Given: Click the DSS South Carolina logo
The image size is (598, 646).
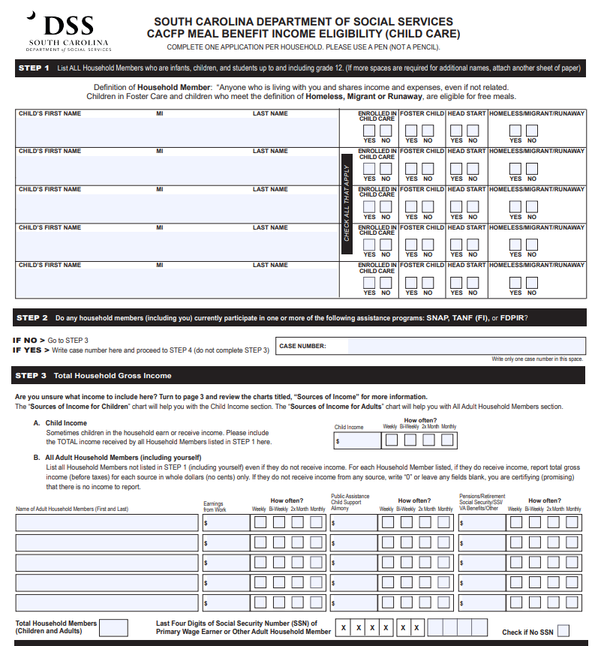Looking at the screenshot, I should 68,32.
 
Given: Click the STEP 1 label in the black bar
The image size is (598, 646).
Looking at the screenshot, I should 34,68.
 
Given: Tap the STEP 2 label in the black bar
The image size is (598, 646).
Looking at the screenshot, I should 32,317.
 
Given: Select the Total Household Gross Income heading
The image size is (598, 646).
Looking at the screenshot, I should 112,375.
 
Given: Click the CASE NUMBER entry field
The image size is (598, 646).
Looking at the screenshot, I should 465,346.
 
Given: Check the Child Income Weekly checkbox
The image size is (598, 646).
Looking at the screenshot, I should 390,440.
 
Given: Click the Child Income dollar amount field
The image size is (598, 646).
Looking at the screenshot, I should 357,440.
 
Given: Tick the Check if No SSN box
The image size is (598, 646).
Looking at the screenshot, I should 563,631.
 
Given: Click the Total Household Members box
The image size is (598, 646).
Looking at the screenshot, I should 113,627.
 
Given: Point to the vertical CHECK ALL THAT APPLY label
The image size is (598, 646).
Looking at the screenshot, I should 347,203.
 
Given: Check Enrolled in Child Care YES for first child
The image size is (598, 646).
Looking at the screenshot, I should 369,131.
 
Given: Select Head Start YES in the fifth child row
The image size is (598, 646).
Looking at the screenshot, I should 456,283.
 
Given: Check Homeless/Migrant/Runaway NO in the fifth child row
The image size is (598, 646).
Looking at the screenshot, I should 532,283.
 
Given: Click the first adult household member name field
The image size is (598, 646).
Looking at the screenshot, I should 107,522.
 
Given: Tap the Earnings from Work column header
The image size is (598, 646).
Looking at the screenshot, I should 215,507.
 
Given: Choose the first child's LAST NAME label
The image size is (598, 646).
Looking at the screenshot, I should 270,114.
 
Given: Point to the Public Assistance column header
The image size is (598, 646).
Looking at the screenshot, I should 350,501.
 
